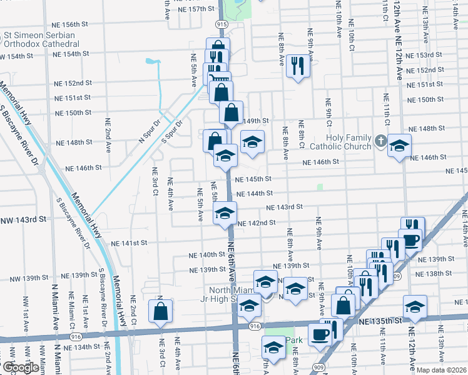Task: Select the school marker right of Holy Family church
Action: click(x=399, y=146)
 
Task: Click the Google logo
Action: click(x=21, y=367)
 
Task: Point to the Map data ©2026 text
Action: click(x=440, y=369)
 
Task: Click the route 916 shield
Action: click(x=253, y=326)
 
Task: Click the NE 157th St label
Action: click(x=197, y=9)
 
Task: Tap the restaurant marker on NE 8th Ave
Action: click(x=298, y=65)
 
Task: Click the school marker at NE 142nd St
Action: click(x=225, y=213)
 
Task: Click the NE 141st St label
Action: click(x=128, y=242)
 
